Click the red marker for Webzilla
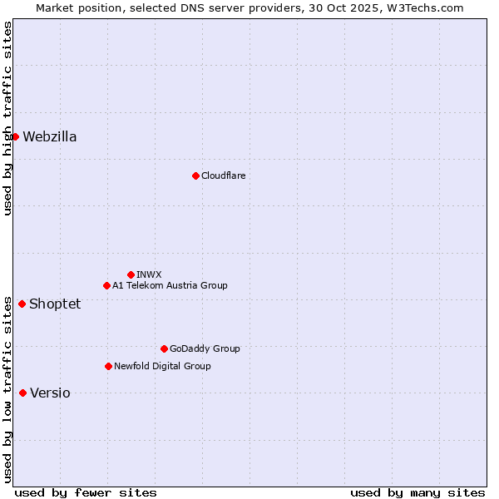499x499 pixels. click(15, 136)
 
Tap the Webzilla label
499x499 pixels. click(50, 137)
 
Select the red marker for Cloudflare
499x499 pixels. click(195, 175)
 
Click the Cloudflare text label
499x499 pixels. click(223, 176)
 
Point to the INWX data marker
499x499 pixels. click(131, 274)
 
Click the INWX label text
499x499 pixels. click(149, 275)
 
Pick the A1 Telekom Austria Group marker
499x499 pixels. click(106, 285)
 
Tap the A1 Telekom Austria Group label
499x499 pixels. click(170, 286)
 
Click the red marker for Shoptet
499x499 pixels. click(22, 304)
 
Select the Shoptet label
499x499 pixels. click(55, 304)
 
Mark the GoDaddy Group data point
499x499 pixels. click(164, 348)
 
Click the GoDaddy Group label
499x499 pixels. click(205, 349)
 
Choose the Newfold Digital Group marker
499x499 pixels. click(108, 366)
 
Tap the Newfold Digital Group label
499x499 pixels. click(162, 367)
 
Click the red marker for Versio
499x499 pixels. click(22, 393)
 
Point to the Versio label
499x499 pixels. click(50, 393)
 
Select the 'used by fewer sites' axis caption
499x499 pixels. click(86, 492)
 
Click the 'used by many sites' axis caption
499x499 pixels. click(417, 492)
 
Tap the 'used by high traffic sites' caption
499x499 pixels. click(7, 118)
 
